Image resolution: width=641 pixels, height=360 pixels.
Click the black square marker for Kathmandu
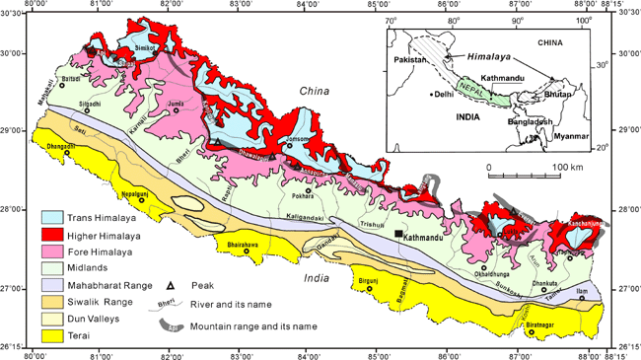398,233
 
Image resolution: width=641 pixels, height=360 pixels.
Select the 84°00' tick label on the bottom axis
308,350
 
